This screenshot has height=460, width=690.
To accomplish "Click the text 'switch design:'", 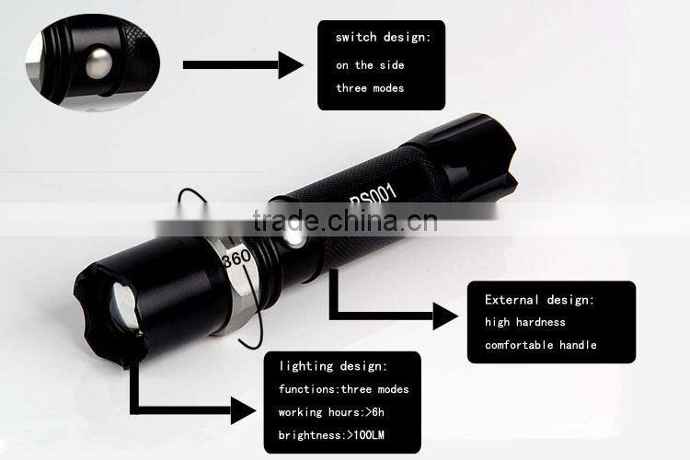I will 383,38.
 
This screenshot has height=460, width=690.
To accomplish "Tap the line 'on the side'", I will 369,65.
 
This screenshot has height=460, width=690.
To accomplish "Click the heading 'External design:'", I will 540,300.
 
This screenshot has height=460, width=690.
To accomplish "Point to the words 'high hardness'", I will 525,322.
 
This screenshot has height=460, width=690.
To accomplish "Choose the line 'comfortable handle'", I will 541,345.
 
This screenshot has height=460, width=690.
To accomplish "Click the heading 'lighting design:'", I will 334,366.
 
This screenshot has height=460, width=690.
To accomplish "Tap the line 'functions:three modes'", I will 344,389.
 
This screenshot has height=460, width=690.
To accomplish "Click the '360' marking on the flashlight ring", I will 236,260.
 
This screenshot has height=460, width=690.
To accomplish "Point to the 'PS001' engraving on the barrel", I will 373,195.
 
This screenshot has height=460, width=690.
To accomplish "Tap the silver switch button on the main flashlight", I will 293,239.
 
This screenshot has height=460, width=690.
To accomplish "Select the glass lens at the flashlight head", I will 122,305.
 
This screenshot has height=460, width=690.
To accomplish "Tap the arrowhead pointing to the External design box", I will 445,316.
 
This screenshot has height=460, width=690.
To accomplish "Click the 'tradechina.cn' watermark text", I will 345,222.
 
